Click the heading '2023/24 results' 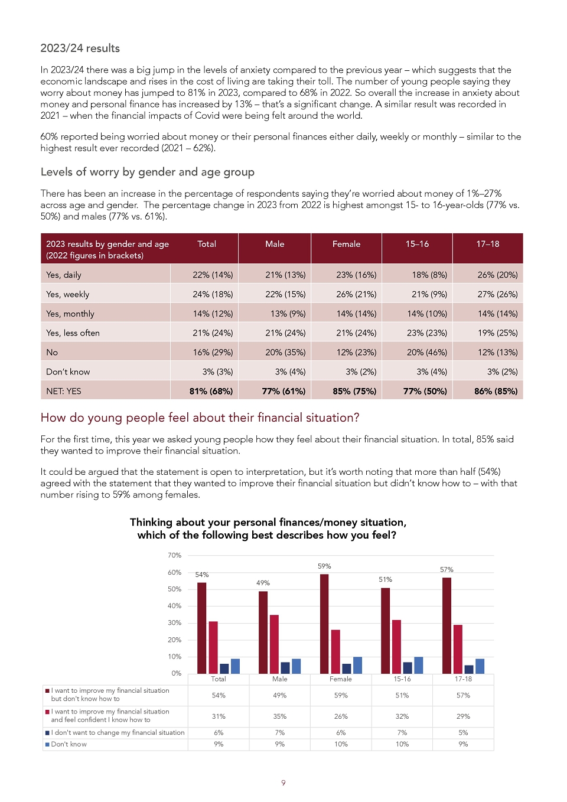tap(80, 48)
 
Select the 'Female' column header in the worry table tap(346, 244)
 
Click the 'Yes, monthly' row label tap(70, 314)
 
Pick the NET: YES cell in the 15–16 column tap(425, 391)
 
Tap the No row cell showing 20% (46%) tap(426, 353)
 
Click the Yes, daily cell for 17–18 tap(497, 275)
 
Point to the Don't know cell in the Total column tap(217, 371)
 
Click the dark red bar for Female tap(324, 624)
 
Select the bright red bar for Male tap(274, 644)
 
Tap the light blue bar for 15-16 tap(418, 665)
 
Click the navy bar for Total tap(224, 669)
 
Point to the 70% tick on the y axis tap(175, 555)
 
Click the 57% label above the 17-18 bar tap(447, 569)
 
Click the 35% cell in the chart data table tap(279, 716)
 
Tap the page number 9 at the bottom tap(283, 783)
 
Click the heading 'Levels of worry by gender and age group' tap(147, 172)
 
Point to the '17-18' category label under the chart tap(463, 679)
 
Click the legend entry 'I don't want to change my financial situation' tap(115, 732)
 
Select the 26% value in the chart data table tap(341, 716)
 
